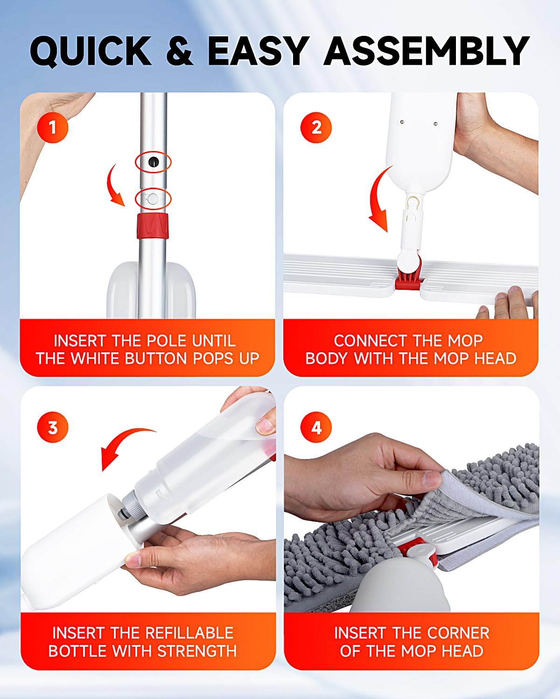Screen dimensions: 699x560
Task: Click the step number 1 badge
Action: pos(52,127)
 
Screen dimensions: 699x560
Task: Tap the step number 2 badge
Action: pos(316,127)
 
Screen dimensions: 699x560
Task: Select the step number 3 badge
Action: pos(52,427)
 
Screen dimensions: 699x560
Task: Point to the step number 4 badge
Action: pos(316,427)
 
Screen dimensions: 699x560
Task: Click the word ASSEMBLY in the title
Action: pos(426,50)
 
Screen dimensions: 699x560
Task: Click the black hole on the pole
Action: pos(153,162)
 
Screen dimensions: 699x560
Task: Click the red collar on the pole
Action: pos(153,226)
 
